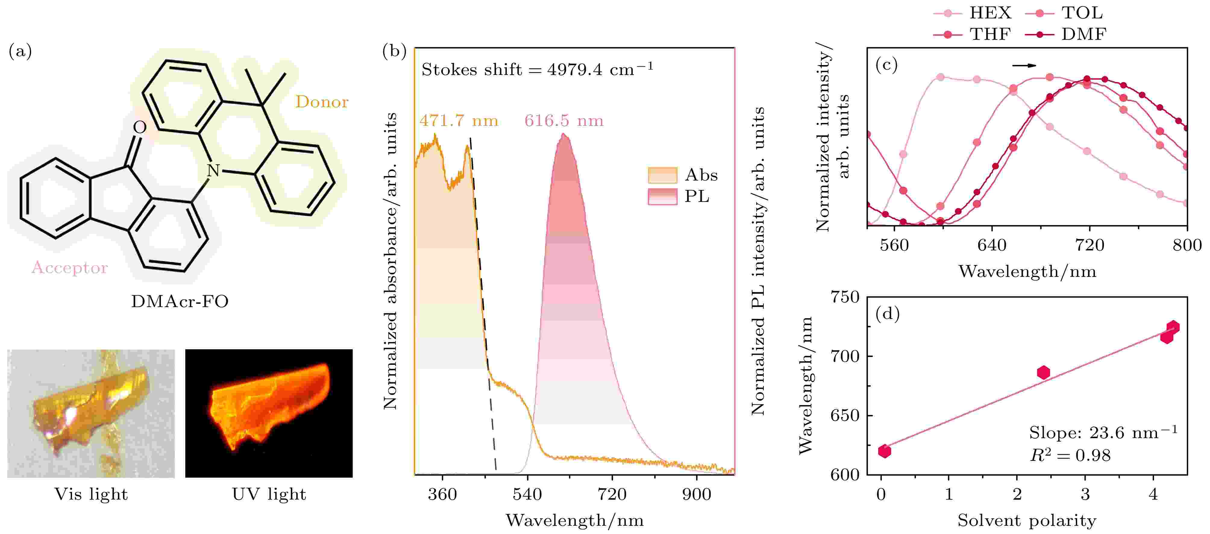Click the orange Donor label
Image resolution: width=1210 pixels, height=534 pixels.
pyautogui.click(x=322, y=102)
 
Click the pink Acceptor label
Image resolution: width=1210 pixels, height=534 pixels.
pyautogui.click(x=70, y=268)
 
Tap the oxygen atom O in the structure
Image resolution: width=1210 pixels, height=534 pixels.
pyautogui.click(x=139, y=127)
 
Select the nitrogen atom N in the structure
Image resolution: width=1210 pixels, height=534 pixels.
pyautogui.click(x=213, y=170)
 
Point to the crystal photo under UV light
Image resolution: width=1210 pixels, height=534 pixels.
pyautogui.click(x=269, y=413)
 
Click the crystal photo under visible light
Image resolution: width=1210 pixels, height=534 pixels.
pyautogui.click(x=91, y=413)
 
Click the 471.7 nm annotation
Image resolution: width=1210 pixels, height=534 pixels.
pyautogui.click(x=459, y=121)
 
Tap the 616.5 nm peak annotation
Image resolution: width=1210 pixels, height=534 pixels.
pyautogui.click(x=564, y=121)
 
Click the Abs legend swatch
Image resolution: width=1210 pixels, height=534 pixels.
pyautogui.click(x=662, y=175)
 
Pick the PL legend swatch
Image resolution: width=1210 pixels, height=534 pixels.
pyautogui.click(x=662, y=196)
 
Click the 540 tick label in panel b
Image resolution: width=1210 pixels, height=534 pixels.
pyautogui.click(x=527, y=494)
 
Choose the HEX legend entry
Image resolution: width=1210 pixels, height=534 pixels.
pyautogui.click(x=972, y=13)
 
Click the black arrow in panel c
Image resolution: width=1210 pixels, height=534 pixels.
pyautogui.click(x=1024, y=65)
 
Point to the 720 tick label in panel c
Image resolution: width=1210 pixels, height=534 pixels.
pyautogui.click(x=1089, y=245)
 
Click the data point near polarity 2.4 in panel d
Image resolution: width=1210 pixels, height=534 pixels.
pyautogui.click(x=1043, y=372)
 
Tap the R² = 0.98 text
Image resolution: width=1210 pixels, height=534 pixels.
pyautogui.click(x=1070, y=455)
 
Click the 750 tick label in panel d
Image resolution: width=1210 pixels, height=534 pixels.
pyautogui.click(x=845, y=297)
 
